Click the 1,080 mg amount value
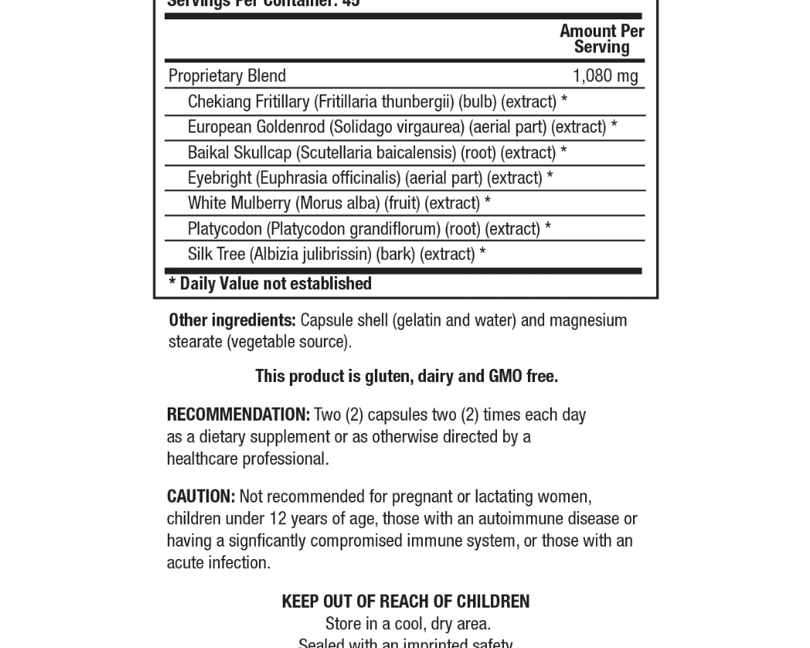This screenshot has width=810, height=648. click(x=604, y=76)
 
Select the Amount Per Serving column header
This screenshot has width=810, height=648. click(x=601, y=39)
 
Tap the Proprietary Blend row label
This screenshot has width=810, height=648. click(x=227, y=76)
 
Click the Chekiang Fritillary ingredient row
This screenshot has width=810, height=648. click(x=377, y=102)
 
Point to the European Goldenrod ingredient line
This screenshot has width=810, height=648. click(x=402, y=127)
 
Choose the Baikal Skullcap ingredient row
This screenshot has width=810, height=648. click(x=377, y=153)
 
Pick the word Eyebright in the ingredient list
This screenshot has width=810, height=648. click(x=220, y=178)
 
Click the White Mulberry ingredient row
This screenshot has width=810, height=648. click(x=339, y=203)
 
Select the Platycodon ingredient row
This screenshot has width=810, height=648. click(x=369, y=229)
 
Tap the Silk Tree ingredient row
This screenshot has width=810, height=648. click(x=336, y=254)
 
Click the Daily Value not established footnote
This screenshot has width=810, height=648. click(x=271, y=284)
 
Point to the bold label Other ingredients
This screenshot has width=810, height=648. click(x=232, y=320)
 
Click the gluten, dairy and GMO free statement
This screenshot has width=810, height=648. click(x=407, y=377)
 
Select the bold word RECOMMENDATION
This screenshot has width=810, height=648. click(x=238, y=415)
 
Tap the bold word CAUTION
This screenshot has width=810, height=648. click(x=201, y=496)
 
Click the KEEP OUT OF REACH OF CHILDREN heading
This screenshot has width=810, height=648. click(x=406, y=602)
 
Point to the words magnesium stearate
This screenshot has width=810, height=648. click(x=589, y=320)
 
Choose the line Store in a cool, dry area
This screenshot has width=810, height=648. click(x=407, y=624)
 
